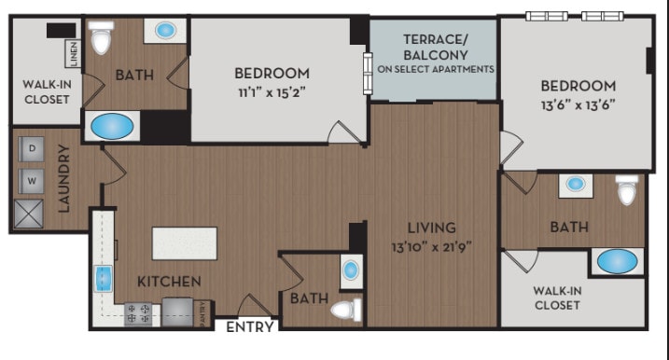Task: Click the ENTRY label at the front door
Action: pos(250,327)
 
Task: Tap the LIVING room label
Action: pos(430,228)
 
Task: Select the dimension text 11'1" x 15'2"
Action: pos(271,92)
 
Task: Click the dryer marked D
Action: pos(31,148)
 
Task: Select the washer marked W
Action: pos(31,179)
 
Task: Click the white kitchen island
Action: pos(185,243)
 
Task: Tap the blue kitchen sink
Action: pos(102,278)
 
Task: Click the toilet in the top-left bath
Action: pos(101,39)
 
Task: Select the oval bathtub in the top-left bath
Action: pos(110,125)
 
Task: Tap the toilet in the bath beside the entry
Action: pos(347,309)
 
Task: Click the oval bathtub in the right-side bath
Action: pos(618,261)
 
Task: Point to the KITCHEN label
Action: pos(169,281)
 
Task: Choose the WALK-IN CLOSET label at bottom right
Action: pos(559,297)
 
